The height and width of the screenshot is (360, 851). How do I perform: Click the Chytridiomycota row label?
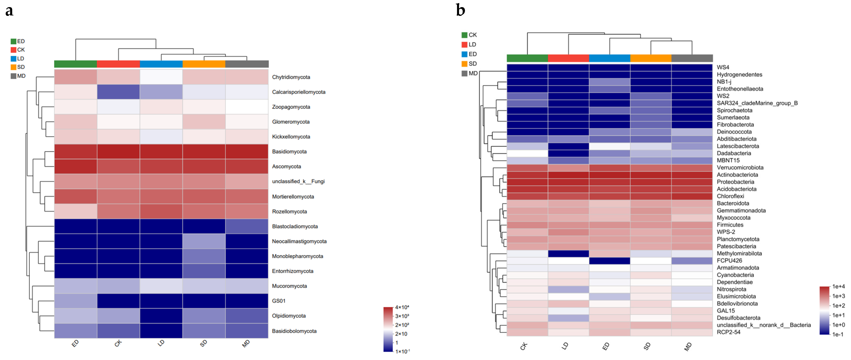291,77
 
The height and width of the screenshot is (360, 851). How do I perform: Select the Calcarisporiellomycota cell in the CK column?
118,92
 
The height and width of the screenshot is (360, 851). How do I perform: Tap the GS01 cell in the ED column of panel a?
76,301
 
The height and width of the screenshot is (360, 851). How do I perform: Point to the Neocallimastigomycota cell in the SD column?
204,241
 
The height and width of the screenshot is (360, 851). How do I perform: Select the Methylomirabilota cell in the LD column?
568,253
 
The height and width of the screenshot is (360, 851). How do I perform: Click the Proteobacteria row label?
735,182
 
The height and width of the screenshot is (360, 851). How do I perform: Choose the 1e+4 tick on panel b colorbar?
838,286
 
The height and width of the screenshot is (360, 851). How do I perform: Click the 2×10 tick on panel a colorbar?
401,334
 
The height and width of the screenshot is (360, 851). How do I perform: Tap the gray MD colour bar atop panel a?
247,64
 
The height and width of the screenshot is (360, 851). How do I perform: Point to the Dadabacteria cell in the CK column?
527,153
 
